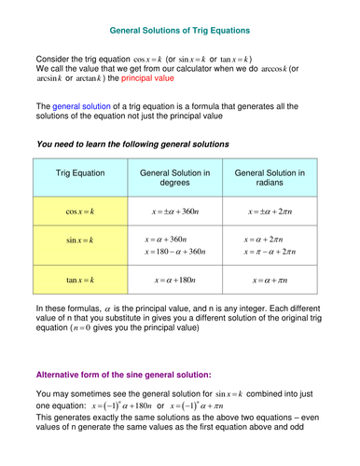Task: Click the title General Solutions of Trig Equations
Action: (179, 30)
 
